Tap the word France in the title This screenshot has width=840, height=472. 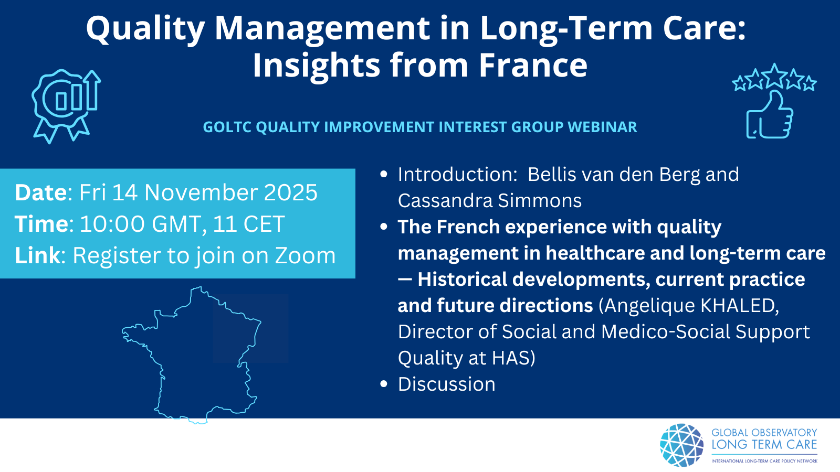coord(533,65)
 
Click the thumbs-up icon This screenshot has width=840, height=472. coord(770,115)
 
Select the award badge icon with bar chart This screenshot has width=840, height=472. coord(66,106)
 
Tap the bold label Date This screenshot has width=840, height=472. coord(41,192)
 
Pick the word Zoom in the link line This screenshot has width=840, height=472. coord(305,255)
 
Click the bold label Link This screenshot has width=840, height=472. coord(37,255)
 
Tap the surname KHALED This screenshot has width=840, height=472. coord(740,305)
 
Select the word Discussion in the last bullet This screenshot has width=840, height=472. coord(447,384)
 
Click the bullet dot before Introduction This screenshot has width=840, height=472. coord(384,174)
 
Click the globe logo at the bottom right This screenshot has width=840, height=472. coord(682,445)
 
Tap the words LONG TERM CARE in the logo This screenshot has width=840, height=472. coord(764,445)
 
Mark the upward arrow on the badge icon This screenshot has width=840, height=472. coord(92,90)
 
